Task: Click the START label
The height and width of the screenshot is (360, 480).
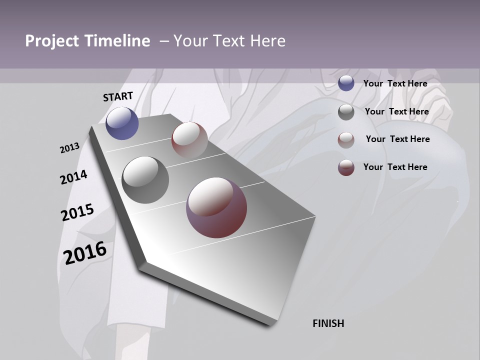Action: (x=118, y=96)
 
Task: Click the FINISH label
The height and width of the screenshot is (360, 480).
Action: (x=328, y=323)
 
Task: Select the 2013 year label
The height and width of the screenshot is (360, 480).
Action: (x=69, y=148)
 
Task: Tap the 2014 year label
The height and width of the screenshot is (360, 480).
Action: (x=73, y=177)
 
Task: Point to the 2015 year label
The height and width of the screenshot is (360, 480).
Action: (x=77, y=212)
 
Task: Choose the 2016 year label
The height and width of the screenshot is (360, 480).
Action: (x=85, y=252)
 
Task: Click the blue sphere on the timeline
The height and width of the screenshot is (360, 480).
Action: (x=122, y=123)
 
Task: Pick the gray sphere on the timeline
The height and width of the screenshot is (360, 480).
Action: (x=145, y=180)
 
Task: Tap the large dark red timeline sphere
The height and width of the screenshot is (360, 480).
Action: (x=216, y=207)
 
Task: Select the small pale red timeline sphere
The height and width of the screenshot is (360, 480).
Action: (x=189, y=139)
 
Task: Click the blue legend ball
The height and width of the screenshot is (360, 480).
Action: (x=346, y=83)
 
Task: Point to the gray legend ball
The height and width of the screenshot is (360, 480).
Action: (x=346, y=112)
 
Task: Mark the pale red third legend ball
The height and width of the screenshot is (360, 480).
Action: (x=346, y=140)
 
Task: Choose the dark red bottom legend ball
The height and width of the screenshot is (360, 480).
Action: (x=346, y=167)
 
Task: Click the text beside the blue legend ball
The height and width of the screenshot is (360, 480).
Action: (x=395, y=83)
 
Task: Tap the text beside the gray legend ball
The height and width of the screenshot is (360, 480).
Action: (x=396, y=111)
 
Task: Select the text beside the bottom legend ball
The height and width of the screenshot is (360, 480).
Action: (x=395, y=167)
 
